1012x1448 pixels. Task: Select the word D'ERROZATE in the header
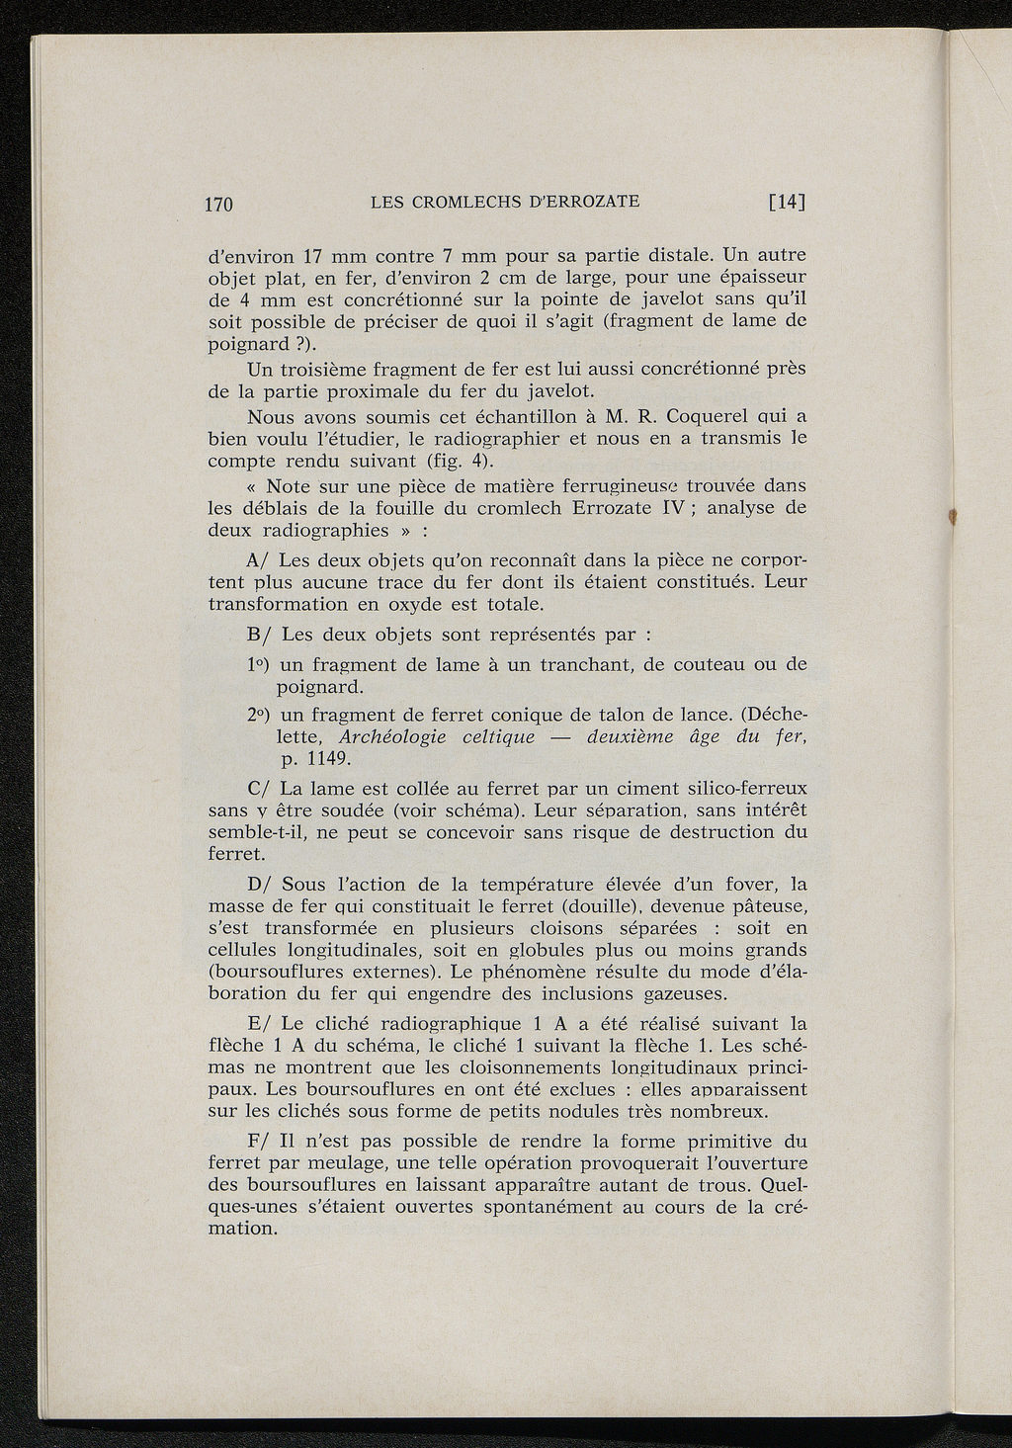586,203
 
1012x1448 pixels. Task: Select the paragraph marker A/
258,559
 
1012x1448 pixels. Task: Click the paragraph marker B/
258,633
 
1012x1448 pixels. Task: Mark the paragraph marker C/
258,789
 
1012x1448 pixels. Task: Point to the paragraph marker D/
258,884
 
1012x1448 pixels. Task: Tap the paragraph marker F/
258,1141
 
